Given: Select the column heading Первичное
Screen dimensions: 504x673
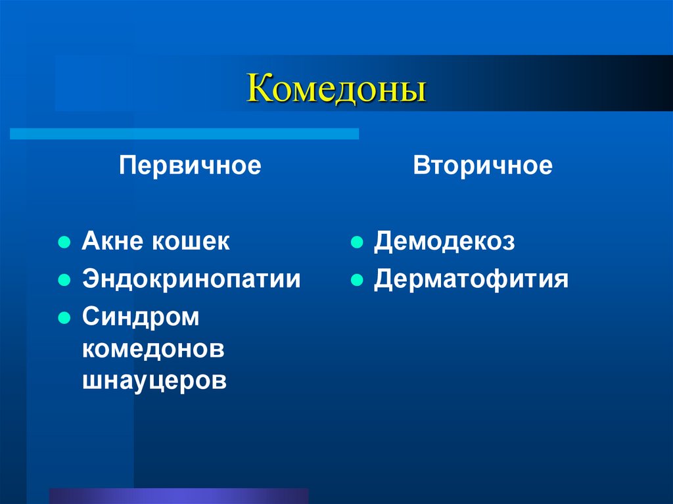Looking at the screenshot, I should [190, 165].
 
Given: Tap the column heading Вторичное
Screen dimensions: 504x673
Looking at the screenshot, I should [482, 165].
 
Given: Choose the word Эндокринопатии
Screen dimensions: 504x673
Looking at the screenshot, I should [191, 279].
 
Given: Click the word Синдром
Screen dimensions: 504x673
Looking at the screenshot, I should [140, 317].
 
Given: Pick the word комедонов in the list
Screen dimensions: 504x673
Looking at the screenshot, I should [153, 349].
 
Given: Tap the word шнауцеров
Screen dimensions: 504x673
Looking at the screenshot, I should [154, 380].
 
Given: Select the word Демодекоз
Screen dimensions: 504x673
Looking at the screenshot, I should [445, 242].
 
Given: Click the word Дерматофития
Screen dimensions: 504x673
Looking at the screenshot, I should [471, 279].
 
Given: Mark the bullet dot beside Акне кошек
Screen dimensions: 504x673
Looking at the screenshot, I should [64, 242].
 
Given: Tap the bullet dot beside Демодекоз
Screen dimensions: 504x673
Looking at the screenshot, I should [356, 242].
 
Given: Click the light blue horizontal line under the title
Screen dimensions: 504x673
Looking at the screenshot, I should [184, 133].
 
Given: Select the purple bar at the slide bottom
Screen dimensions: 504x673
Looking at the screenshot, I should [179, 495].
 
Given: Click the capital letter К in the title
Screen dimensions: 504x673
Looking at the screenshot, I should [258, 90].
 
